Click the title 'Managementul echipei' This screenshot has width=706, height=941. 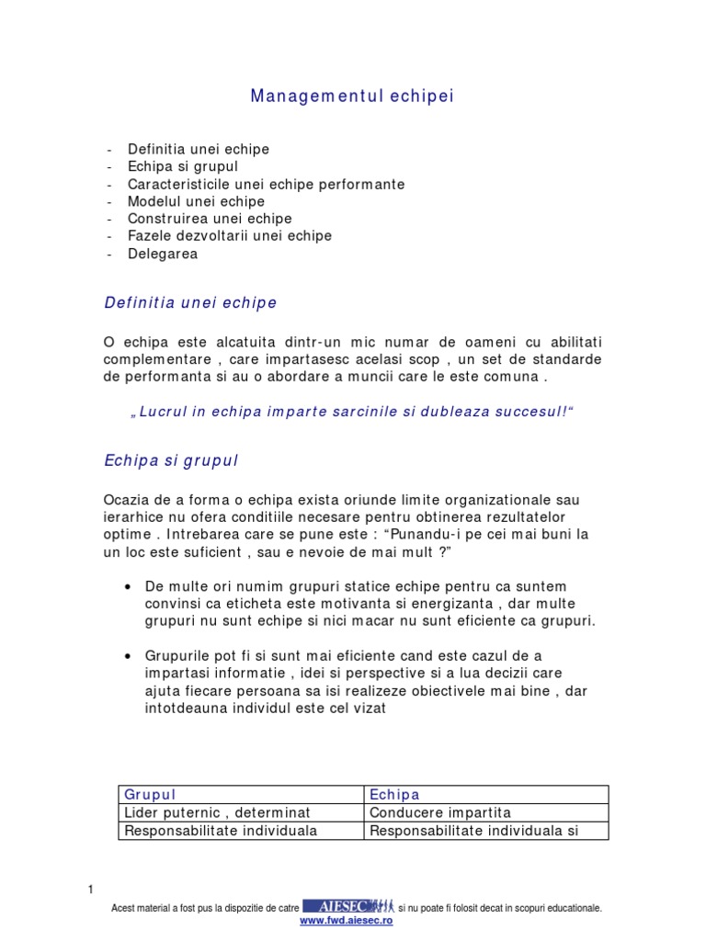click(352, 96)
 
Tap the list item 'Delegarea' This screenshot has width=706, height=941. click(162, 254)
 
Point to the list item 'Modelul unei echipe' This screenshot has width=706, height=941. click(196, 201)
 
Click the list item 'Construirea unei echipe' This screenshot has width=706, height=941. click(210, 219)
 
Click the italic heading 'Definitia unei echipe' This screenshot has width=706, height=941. click(190, 302)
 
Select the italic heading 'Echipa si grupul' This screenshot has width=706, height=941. click(171, 460)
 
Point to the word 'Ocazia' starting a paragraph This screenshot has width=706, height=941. click(126, 500)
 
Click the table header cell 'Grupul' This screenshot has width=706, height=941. click(150, 795)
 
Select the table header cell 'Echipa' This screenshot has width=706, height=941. click(394, 795)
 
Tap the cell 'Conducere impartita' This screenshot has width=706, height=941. click(439, 812)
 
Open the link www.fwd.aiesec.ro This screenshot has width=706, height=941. click(347, 921)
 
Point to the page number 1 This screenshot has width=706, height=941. click(90, 890)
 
